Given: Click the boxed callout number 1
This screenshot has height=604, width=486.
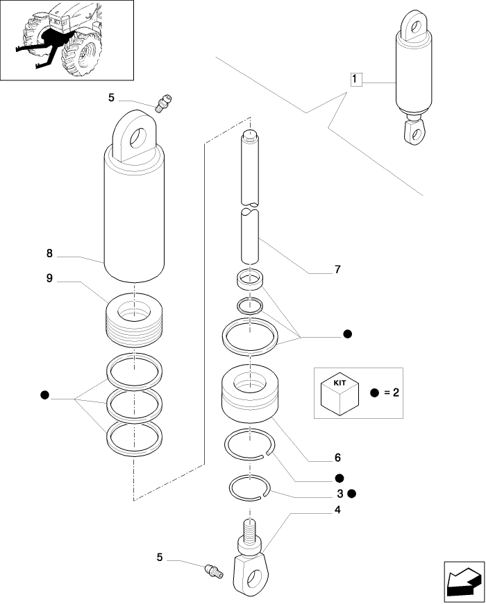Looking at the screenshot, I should coord(355,80).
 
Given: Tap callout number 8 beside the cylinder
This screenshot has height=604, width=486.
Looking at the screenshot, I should coord(49,254).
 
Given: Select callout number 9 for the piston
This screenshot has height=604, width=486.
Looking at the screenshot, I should coord(49,278).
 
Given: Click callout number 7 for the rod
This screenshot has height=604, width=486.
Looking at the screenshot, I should coord(337,270).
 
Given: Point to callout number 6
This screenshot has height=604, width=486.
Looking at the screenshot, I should coord(337,458).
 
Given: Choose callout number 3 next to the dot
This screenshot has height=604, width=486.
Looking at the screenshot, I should coord(340,494).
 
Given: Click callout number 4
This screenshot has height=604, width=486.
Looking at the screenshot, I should coord(337,510).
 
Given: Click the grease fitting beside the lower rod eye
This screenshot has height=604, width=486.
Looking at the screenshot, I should coord(212,571).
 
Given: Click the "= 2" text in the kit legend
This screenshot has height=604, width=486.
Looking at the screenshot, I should coord(391,393).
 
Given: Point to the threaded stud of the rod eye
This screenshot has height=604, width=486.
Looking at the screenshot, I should coord(249,535).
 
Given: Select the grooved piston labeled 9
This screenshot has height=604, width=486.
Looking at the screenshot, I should coord(135,320).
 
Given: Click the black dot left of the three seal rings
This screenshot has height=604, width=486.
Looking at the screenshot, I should coord(45,395).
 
